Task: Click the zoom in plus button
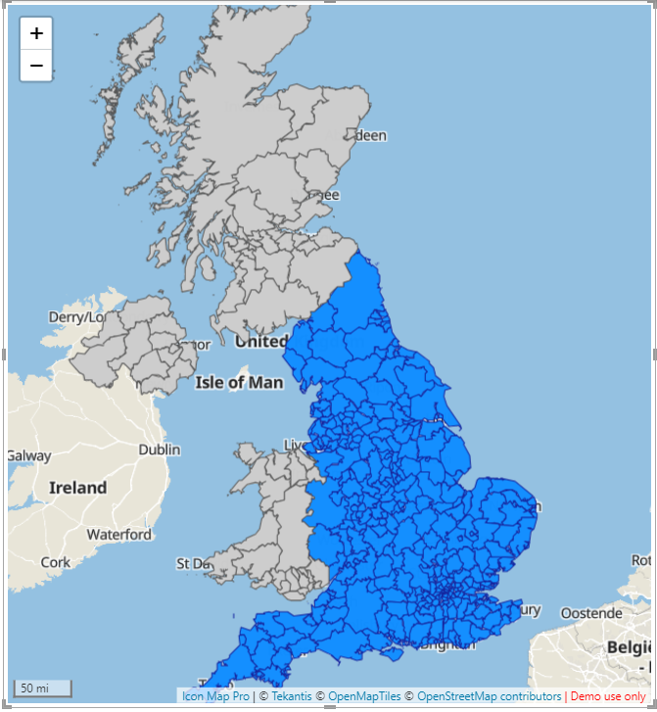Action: click(x=36, y=33)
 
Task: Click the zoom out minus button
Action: click(x=36, y=66)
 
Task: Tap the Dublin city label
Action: click(x=159, y=450)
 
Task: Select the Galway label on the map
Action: click(x=29, y=455)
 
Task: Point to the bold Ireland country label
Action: click(x=77, y=487)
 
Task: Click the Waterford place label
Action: click(x=118, y=535)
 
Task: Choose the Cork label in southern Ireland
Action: click(x=56, y=562)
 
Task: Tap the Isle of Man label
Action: click(x=239, y=382)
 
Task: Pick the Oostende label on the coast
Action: click(x=590, y=613)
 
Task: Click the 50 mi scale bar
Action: click(x=41, y=688)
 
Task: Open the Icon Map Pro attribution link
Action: click(x=215, y=696)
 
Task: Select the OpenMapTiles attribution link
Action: click(x=364, y=696)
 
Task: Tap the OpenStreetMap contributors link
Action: click(x=489, y=696)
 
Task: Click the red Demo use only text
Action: click(x=608, y=696)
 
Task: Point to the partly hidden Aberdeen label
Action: click(x=371, y=136)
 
